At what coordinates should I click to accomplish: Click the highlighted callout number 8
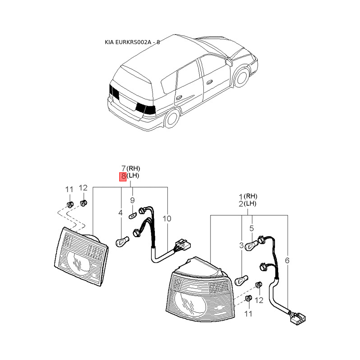(122, 176)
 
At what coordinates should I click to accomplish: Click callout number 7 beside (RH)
(123, 168)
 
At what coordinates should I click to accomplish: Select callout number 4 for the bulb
(121, 212)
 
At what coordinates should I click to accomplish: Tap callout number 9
(133, 201)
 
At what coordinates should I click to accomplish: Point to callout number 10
(167, 219)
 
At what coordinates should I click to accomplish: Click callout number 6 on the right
(288, 260)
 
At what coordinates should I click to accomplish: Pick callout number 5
(252, 229)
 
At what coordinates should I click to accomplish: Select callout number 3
(241, 245)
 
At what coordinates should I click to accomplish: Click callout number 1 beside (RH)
(241, 196)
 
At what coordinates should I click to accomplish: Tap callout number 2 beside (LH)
(241, 204)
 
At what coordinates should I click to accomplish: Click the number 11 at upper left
(69, 189)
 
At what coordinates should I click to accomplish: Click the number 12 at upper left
(83, 188)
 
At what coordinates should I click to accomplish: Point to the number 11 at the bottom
(248, 313)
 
